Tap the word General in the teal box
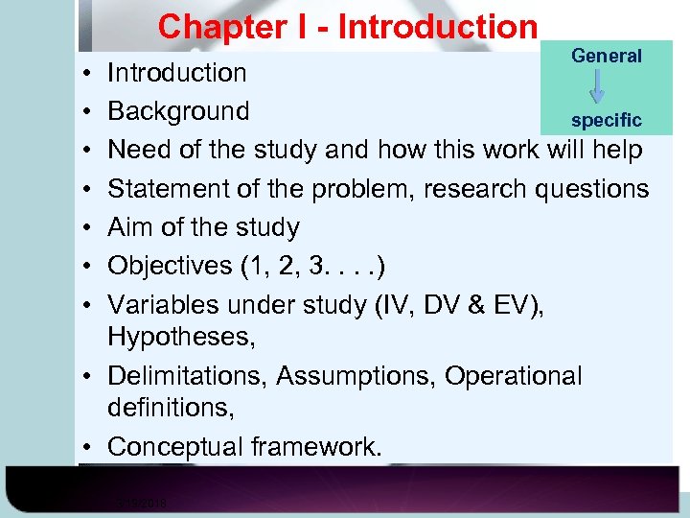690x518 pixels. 607,56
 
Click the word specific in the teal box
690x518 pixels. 607,121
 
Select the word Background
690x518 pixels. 178,111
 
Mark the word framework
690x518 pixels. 316,447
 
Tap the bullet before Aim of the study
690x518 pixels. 86,228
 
